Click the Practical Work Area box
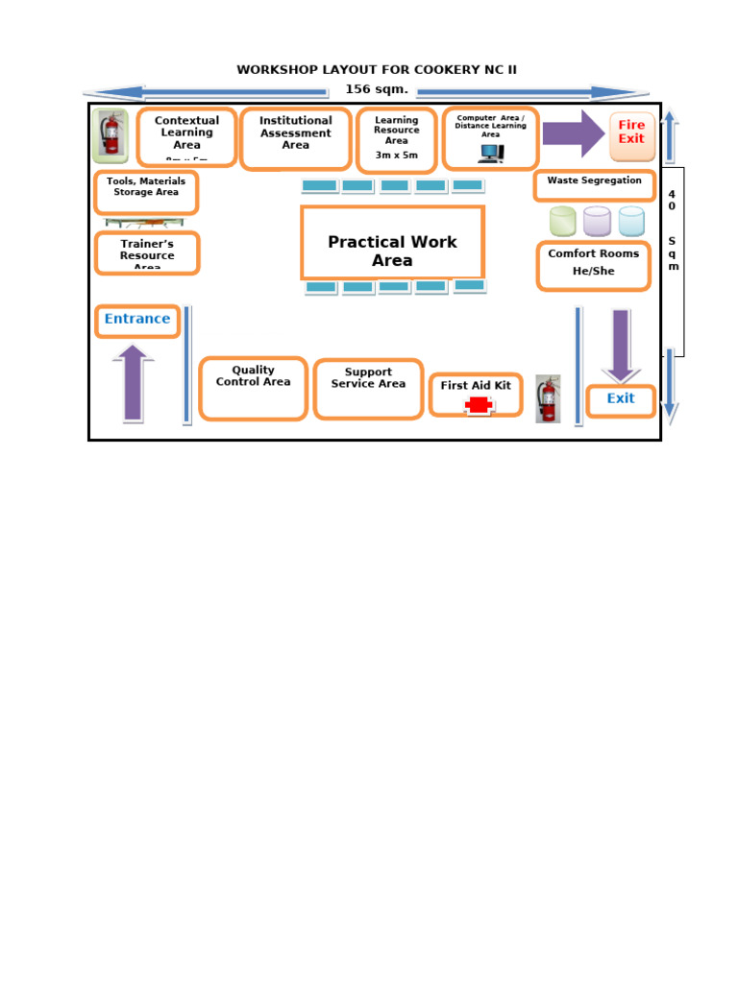(392, 243)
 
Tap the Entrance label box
(137, 321)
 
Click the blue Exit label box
(621, 400)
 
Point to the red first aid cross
(478, 406)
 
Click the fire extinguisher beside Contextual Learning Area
(111, 135)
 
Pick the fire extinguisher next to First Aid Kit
(548, 398)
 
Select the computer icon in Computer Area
(490, 153)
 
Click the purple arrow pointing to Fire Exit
(574, 133)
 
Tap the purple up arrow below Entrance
(134, 383)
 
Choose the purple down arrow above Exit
(621, 345)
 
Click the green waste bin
(562, 222)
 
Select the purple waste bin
(597, 222)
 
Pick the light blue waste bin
(631, 222)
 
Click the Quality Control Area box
(253, 388)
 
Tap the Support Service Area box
(368, 389)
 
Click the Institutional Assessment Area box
(295, 138)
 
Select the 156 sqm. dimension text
(377, 90)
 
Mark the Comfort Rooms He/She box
(593, 265)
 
